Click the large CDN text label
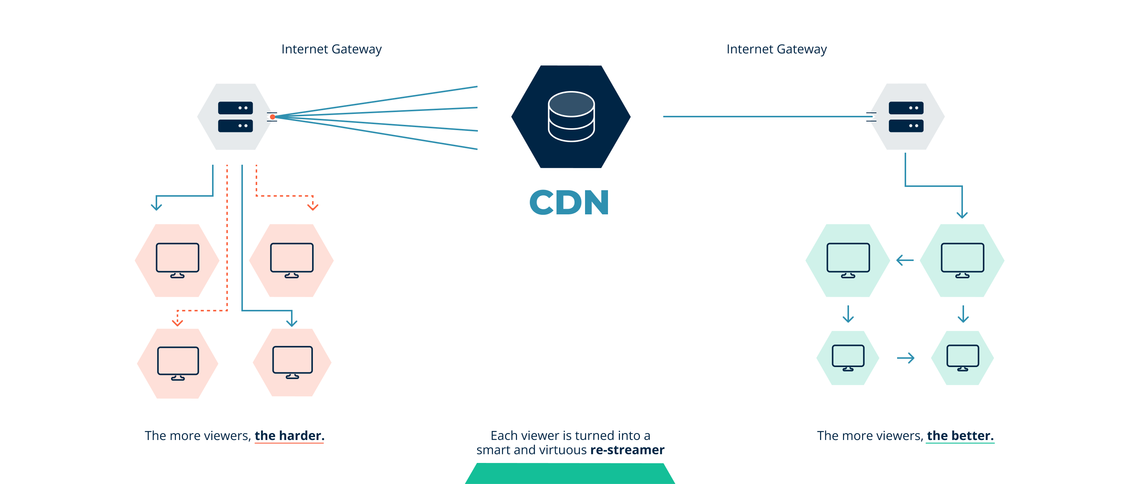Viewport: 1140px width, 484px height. pyautogui.click(x=569, y=202)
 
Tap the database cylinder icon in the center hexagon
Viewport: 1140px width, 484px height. pyautogui.click(x=571, y=117)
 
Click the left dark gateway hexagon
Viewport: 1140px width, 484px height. pyautogui.click(x=235, y=117)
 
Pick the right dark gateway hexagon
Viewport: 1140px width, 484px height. pyautogui.click(x=907, y=117)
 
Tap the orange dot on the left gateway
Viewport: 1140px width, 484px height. pyautogui.click(x=273, y=117)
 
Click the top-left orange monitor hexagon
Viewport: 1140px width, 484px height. pyautogui.click(x=177, y=260)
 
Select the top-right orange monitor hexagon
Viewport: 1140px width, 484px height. pyautogui.click(x=291, y=260)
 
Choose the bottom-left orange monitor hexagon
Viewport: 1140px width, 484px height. pyautogui.click(x=177, y=363)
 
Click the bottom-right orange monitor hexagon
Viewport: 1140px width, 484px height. pyautogui.click(x=292, y=362)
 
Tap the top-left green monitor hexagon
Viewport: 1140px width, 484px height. pyautogui.click(x=847, y=260)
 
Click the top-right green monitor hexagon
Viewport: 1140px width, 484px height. pyautogui.click(x=962, y=260)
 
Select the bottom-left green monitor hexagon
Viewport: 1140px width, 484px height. pyautogui.click(x=847, y=358)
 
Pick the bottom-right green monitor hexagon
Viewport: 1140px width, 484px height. pyautogui.click(x=963, y=358)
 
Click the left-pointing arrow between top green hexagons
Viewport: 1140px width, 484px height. pyautogui.click(x=905, y=260)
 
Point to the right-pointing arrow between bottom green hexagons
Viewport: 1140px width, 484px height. pyautogui.click(x=905, y=358)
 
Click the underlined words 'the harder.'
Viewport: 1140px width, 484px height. pyautogui.click(x=290, y=436)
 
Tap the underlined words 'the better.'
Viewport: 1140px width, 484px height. pyautogui.click(x=960, y=436)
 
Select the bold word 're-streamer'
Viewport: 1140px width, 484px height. pyautogui.click(x=627, y=450)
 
